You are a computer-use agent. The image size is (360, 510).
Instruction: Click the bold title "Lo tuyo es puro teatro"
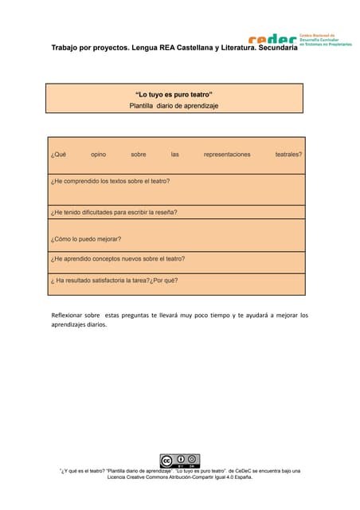click(x=174, y=94)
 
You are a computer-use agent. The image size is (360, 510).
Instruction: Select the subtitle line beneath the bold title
click(x=174, y=105)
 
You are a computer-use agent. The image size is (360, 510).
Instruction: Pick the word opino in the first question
click(x=98, y=154)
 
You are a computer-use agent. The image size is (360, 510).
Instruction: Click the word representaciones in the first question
click(x=227, y=154)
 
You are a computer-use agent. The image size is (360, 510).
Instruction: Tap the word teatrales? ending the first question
click(x=288, y=154)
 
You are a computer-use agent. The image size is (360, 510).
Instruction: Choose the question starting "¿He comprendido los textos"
click(x=110, y=181)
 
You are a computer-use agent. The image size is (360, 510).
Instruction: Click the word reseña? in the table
click(x=162, y=213)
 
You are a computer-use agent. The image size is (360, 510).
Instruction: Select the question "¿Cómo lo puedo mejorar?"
click(x=86, y=238)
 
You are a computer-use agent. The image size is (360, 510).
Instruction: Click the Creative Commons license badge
click(x=179, y=461)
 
